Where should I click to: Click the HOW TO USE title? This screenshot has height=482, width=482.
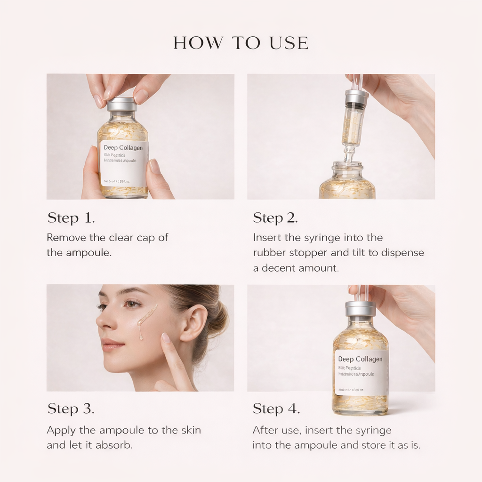241,43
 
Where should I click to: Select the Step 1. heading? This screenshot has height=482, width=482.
71,218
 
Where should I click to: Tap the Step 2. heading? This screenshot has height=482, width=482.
275,218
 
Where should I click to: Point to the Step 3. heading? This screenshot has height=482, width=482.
71,409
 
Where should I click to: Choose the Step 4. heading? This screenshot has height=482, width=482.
276,409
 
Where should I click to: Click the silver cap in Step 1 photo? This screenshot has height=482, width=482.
122,104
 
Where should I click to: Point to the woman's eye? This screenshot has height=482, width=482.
131,304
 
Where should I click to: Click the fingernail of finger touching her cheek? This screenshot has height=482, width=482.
165,337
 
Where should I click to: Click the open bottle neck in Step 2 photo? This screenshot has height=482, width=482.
347,167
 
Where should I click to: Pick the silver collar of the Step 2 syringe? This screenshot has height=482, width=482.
356,97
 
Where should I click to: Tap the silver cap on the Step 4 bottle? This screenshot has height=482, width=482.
360,309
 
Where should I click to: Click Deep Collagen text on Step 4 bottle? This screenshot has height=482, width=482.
360,359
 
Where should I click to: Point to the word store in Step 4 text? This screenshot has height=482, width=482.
375,445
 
